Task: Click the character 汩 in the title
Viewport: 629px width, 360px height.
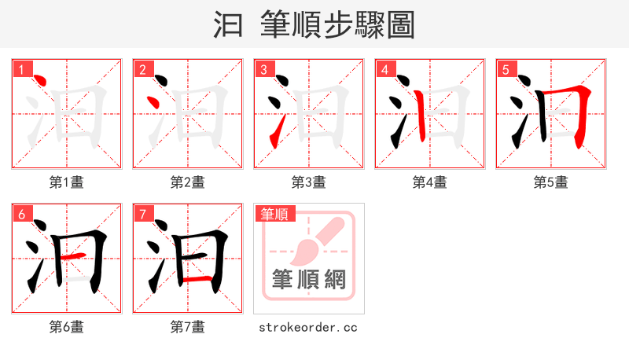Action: pos(230,25)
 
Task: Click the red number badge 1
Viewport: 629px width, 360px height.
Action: pos(21,70)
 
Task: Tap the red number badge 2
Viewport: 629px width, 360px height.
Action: pos(142,70)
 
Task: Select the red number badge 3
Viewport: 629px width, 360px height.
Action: pos(263,70)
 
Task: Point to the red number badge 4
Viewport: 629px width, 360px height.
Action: pos(384,70)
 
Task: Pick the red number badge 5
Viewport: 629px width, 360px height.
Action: pos(506,70)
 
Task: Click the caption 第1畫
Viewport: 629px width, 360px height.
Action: pos(67,182)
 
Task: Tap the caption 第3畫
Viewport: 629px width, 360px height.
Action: pos(309,182)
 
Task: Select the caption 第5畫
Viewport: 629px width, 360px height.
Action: pos(551,182)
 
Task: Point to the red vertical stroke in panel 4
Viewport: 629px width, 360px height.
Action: pos(419,115)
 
